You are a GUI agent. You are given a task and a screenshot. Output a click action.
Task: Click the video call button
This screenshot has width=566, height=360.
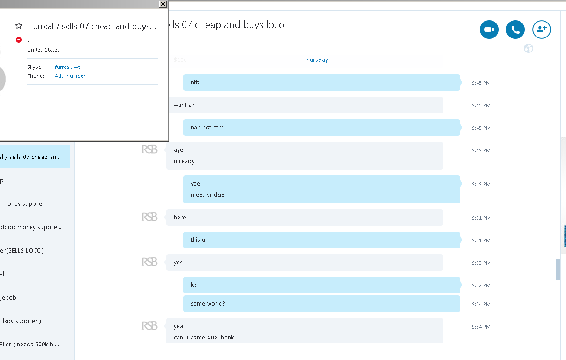(489, 30)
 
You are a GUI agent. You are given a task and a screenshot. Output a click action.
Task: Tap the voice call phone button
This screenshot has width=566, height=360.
(515, 30)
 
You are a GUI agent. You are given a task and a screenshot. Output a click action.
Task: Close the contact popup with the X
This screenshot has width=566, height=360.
(163, 4)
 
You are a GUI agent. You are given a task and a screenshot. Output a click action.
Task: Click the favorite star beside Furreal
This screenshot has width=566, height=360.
(19, 26)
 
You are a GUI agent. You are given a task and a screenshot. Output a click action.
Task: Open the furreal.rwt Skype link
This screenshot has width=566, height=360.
(67, 67)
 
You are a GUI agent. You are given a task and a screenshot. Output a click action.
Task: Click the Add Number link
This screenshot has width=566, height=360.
(70, 76)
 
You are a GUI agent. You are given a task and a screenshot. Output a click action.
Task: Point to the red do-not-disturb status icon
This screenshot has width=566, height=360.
(19, 40)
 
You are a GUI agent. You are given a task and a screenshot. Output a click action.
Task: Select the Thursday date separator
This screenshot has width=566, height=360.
(315, 60)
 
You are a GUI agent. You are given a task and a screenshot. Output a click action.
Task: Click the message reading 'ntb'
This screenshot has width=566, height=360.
(195, 82)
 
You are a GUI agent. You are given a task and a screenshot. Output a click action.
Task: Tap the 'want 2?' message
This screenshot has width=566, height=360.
(184, 105)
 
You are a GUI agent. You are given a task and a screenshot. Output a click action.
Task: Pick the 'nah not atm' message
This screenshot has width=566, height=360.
(207, 127)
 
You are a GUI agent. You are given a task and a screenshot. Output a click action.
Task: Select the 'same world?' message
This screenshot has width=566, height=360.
(208, 304)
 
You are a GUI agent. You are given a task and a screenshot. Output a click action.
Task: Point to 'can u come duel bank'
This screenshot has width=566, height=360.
(204, 337)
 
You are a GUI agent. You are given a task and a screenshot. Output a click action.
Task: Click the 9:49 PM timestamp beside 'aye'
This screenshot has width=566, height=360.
(481, 150)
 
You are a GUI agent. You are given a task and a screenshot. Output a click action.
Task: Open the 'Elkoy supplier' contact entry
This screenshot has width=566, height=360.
(21, 321)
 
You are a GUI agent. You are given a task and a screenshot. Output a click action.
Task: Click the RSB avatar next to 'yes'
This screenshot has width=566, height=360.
(149, 262)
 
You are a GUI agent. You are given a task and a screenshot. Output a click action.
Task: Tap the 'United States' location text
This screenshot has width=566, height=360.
(43, 50)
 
